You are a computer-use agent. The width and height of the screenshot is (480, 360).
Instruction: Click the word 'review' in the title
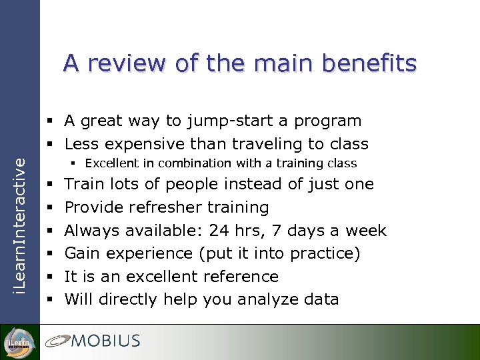(x=125, y=63)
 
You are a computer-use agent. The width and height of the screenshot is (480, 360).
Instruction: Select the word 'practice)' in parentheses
(x=327, y=254)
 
